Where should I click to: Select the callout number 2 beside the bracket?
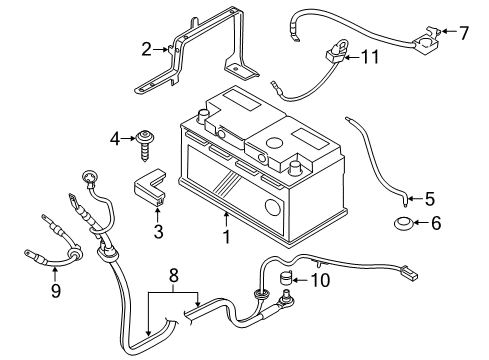[147, 49]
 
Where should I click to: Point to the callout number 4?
[115, 137]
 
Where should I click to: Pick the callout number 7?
[463, 33]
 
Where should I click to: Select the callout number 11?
[372, 58]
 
